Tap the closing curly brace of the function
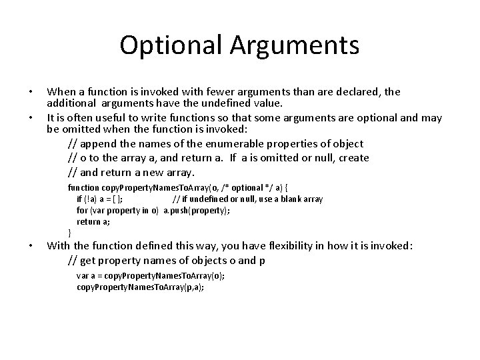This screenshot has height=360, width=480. click(70, 232)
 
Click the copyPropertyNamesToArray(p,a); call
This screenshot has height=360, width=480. click(140, 287)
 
